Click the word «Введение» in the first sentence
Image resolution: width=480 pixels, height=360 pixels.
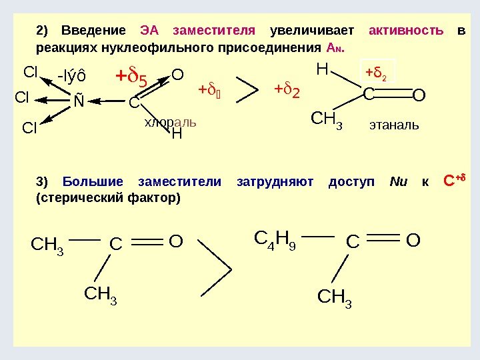click(93, 31)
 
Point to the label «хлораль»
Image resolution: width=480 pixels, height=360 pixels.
click(171, 123)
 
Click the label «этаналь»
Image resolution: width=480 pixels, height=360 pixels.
click(394, 123)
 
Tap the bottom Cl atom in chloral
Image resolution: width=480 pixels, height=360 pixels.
click(30, 127)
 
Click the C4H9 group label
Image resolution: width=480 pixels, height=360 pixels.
click(276, 238)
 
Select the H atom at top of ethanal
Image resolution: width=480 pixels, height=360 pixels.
click(323, 69)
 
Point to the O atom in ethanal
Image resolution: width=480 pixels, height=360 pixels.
click(419, 97)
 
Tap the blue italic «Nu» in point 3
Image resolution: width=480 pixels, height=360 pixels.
click(398, 182)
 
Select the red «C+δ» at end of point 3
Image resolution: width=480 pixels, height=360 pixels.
click(453, 181)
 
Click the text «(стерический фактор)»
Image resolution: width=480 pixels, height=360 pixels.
click(107, 199)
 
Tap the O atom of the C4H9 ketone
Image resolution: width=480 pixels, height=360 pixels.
click(413, 240)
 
